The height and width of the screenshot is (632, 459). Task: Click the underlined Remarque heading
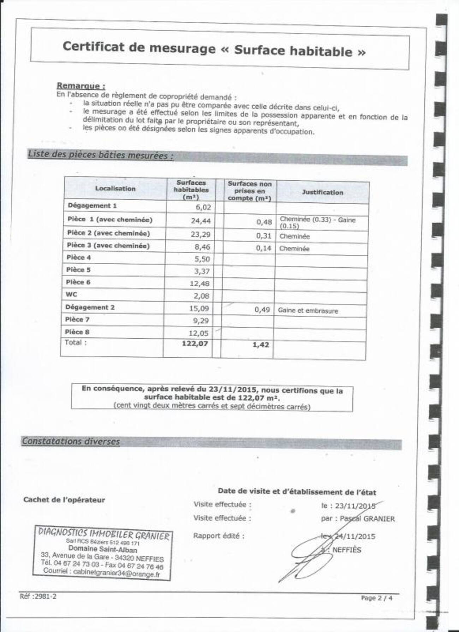[81, 86]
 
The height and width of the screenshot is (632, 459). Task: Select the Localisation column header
[115, 189]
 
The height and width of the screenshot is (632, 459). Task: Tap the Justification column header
[322, 192]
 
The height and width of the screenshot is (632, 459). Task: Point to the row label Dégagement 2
[90, 307]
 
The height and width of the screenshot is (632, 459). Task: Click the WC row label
[71, 294]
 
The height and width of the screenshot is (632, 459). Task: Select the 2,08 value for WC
[202, 296]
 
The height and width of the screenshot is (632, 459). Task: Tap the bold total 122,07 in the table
[195, 344]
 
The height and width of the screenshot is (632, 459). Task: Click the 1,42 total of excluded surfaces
[261, 345]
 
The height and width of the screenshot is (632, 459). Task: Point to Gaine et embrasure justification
[308, 311]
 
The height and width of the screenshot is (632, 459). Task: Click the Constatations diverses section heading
[71, 441]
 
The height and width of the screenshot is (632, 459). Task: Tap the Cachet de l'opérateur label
[64, 500]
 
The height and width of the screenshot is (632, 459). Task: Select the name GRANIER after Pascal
[379, 519]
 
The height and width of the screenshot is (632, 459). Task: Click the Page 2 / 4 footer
[376, 598]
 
